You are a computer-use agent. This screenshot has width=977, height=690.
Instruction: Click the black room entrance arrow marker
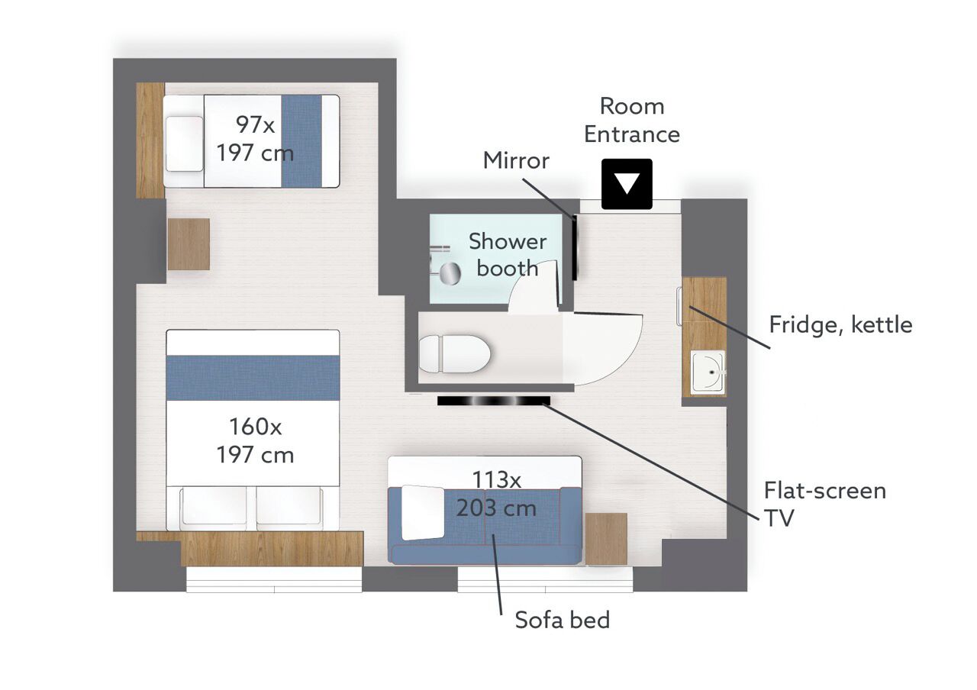[627, 184]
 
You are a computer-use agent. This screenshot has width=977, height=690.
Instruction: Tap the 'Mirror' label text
[516, 160]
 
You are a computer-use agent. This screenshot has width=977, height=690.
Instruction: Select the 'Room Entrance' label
[632, 120]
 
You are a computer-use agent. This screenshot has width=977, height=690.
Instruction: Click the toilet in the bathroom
[455, 353]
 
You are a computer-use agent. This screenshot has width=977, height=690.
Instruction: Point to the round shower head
[450, 274]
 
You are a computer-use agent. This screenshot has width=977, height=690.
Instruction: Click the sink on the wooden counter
[708, 373]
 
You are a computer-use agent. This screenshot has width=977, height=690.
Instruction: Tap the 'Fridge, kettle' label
[840, 325]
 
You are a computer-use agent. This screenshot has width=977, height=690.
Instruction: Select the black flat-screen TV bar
[494, 401]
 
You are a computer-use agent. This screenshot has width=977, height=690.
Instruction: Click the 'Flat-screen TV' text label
[825, 505]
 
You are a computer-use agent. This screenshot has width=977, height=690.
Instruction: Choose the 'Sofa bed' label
[563, 620]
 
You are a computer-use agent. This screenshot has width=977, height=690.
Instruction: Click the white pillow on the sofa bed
[422, 512]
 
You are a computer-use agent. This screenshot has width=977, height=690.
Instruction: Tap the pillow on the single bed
[185, 144]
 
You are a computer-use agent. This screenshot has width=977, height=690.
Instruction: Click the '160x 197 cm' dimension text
[255, 441]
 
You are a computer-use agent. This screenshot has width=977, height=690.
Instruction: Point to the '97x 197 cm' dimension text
[255, 139]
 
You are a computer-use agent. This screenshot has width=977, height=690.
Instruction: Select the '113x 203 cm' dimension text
[496, 494]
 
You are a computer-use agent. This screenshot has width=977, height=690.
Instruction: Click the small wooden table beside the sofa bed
[606, 539]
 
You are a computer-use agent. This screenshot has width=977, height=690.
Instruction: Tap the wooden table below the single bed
[189, 244]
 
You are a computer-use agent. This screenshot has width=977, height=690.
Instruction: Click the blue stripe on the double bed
[253, 378]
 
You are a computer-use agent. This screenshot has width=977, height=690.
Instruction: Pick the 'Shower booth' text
[508, 255]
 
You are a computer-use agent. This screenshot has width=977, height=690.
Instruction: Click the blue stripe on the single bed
[301, 141]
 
